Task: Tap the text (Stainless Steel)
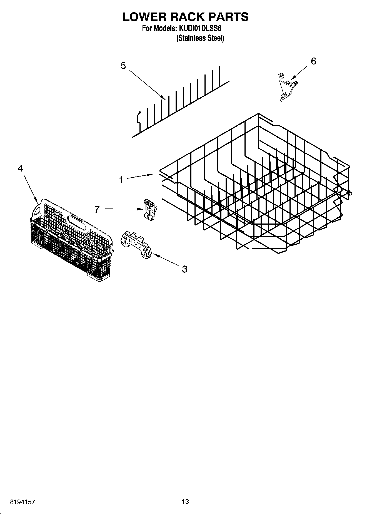pyautogui.click(x=200, y=38)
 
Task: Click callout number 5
pyautogui.click(x=123, y=66)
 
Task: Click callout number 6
pyautogui.click(x=313, y=61)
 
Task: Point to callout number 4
pyautogui.click(x=20, y=168)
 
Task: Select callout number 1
pyautogui.click(x=121, y=180)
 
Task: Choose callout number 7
pyautogui.click(x=97, y=209)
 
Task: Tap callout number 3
pyautogui.click(x=184, y=269)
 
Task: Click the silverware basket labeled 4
pyautogui.click(x=71, y=239)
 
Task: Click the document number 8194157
pyautogui.click(x=23, y=502)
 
